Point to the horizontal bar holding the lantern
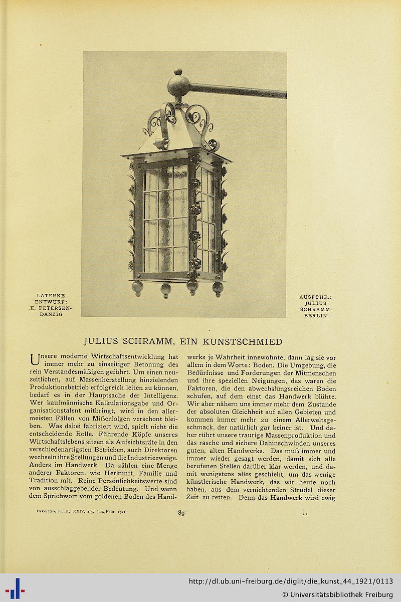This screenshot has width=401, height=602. coord(236,91)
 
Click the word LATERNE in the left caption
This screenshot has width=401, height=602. coord(51,296)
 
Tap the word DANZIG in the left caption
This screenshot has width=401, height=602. coord(51,314)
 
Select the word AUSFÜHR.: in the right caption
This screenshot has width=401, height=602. coord(315,297)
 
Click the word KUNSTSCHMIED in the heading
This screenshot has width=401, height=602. coord(242,342)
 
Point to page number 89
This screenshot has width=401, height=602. coord(181,512)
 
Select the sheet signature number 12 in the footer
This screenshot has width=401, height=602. coord(305,513)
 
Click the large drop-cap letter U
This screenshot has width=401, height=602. coord(34,360)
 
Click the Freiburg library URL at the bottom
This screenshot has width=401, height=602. coord(291,581)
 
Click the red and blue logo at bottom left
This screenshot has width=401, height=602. coord(15,587)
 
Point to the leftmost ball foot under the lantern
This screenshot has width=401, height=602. coord(137,287)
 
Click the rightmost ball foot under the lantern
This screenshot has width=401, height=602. coord(218,288)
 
